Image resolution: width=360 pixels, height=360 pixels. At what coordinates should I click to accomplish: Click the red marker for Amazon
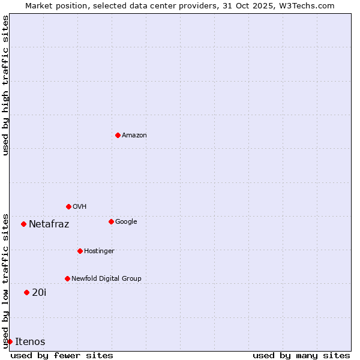click(x=118, y=135)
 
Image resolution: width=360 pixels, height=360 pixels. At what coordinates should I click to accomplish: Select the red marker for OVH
click(x=68, y=206)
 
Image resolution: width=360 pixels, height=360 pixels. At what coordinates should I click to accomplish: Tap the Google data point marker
click(x=111, y=221)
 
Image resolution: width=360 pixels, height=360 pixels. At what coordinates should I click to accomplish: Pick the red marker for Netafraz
click(x=23, y=224)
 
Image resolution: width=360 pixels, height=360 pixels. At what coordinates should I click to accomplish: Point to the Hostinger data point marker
click(x=80, y=251)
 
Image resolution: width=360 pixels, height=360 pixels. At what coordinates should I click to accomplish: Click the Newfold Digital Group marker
click(x=67, y=278)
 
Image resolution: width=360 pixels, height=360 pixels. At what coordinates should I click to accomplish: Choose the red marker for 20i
click(x=26, y=292)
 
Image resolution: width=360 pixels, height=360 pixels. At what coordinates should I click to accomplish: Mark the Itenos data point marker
click(x=10, y=341)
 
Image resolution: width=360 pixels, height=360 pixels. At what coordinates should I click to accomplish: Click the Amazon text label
click(x=134, y=136)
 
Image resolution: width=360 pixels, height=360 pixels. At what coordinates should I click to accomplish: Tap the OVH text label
click(x=80, y=207)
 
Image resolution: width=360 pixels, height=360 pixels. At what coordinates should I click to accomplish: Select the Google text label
click(x=126, y=222)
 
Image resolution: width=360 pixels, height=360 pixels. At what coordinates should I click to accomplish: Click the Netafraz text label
click(x=49, y=224)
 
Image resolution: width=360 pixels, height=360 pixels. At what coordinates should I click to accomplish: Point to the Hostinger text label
click(x=99, y=251)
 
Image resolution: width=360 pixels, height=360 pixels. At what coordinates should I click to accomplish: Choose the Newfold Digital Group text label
click(x=106, y=279)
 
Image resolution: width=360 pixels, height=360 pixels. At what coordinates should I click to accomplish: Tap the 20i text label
click(x=39, y=293)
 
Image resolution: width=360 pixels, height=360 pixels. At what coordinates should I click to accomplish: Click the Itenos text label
click(x=30, y=342)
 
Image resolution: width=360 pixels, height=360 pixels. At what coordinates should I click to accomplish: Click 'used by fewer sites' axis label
click(x=62, y=355)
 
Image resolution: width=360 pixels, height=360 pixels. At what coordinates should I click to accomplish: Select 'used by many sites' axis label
click(x=301, y=355)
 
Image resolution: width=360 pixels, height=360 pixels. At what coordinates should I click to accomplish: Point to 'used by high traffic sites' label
click(x=6, y=85)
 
